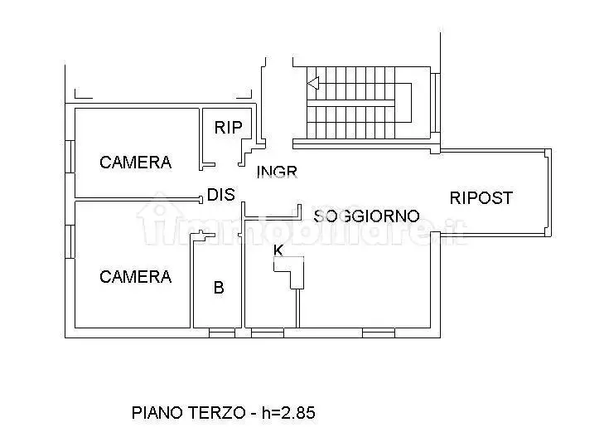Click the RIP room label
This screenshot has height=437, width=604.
point(228,127)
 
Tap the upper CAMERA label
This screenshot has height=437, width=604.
point(135,163)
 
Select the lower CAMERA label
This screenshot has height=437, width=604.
point(135,277)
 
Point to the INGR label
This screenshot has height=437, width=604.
point(277,172)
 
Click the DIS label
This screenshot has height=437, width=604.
point(220,195)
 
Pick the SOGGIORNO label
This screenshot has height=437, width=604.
point(366,216)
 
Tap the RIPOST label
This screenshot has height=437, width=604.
point(481,197)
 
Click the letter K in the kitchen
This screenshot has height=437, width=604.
point(278,250)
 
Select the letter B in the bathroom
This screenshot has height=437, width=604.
point(219,288)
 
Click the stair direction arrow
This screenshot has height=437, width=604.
point(313,83)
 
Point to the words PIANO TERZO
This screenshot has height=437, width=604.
point(188,413)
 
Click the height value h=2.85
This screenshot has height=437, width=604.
point(288,413)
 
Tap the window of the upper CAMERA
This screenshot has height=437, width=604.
point(70,157)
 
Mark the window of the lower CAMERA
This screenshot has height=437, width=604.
point(70,241)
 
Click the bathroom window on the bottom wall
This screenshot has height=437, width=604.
point(222,333)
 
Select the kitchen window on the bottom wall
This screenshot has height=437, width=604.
point(268,333)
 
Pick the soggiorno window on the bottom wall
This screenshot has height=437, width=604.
point(379,333)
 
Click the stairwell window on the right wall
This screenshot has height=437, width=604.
point(435,103)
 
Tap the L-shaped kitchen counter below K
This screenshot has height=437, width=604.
point(289,273)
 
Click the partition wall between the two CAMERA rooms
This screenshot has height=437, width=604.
point(138,199)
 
